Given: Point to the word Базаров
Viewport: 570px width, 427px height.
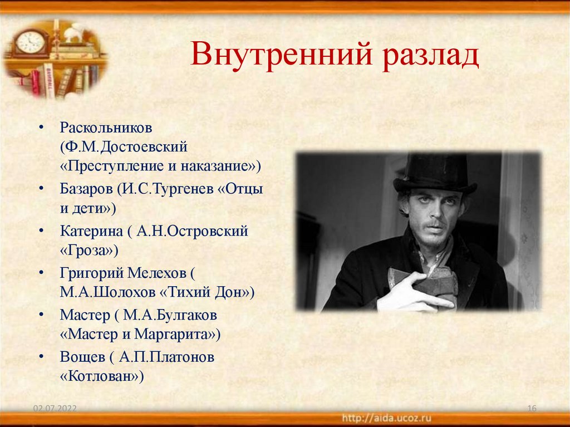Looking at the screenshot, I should point(86,188).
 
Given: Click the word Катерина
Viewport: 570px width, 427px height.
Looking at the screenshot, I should point(88,230).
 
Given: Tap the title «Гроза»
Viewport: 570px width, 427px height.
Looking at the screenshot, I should point(90,250).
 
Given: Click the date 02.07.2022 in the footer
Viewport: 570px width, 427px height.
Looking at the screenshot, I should point(55,409).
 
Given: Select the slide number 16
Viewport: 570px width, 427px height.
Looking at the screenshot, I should point(531,409).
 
